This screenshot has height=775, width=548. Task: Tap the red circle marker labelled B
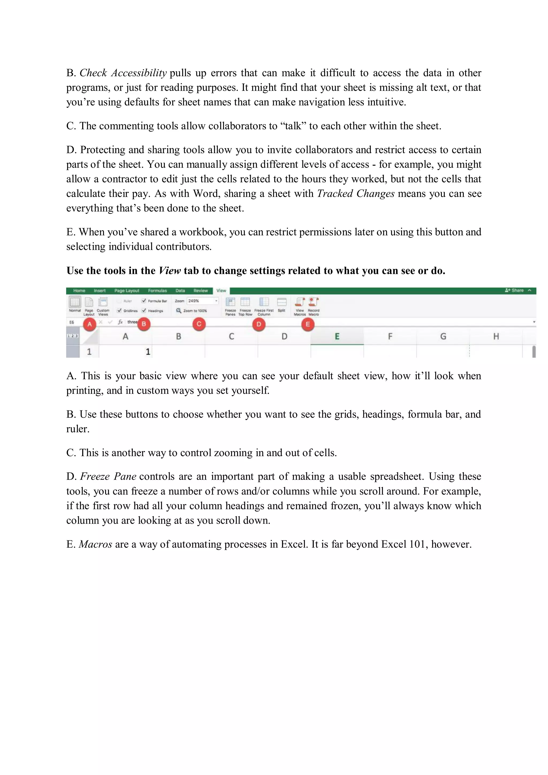coord(144,324)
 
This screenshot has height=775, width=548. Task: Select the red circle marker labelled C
coord(199,324)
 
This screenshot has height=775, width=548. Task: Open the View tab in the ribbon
coord(221,291)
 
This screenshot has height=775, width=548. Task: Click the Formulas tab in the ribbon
coord(157,291)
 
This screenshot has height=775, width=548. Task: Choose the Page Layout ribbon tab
coord(127,291)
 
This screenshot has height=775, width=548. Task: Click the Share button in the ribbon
coord(514,290)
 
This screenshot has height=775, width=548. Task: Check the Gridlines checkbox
coord(119,311)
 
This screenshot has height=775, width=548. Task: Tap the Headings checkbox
coord(144,311)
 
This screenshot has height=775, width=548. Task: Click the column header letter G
coord(443,337)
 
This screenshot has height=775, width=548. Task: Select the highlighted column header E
coord(337,337)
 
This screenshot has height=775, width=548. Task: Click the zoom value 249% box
coord(201,301)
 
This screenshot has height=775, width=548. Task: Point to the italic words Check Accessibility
coord(123,73)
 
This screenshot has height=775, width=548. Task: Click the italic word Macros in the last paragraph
coord(95,544)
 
